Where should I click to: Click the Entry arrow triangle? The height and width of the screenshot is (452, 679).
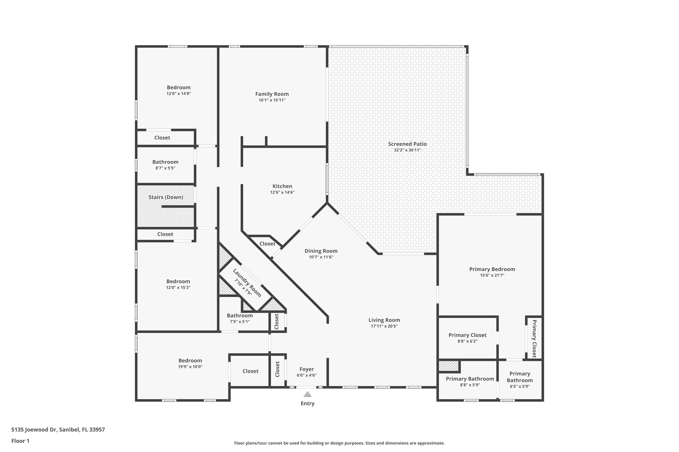coord(307,394)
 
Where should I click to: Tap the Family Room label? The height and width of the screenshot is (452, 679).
coord(272,94)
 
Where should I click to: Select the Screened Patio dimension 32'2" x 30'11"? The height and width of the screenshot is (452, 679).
coord(407,150)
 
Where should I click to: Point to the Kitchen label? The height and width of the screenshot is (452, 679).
coord(282,186)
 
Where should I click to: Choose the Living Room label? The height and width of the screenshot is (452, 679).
coord(384,320)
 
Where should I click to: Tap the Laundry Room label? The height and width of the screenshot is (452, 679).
coord(247,283)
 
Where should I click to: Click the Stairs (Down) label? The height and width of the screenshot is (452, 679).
coord(166,197)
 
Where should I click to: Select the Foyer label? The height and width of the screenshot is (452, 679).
coord(307,369)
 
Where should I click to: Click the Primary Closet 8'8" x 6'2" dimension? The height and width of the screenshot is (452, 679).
coord(467,341)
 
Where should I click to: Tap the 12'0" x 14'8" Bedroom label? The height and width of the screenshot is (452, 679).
coord(179,87)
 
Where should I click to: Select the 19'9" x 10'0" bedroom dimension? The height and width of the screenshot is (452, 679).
coord(190,367)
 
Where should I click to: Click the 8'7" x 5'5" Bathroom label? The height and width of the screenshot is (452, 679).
coord(165,162)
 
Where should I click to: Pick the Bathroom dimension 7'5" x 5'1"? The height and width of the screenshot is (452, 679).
coord(240,322)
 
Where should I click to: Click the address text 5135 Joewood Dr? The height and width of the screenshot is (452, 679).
coord(33,430)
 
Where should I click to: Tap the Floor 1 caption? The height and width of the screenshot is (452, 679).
coord(21,441)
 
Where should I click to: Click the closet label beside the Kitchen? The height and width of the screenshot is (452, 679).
coord(267,244)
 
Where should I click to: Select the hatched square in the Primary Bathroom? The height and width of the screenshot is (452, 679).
coord(448,366)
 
